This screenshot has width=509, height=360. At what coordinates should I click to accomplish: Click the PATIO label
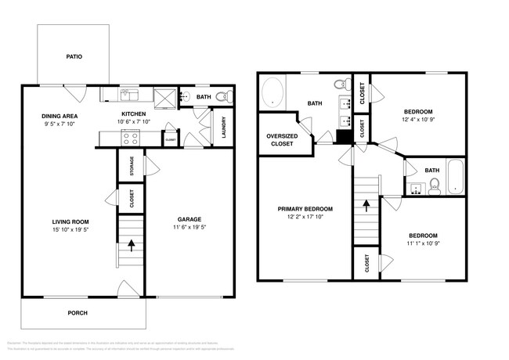[x=74, y=56]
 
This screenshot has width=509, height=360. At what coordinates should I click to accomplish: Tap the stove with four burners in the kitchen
[x=131, y=139]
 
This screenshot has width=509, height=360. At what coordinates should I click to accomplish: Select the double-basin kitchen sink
[x=130, y=95]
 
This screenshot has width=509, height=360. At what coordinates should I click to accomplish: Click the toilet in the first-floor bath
[x=222, y=97]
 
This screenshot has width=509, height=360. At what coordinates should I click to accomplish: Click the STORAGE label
[x=132, y=166]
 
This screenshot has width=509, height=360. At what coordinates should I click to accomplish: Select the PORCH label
[x=78, y=313]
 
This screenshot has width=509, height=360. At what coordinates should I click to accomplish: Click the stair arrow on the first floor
[x=132, y=244]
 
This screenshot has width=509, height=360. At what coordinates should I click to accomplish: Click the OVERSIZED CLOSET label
[x=280, y=140]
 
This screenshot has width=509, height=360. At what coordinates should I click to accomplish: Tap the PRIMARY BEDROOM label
[x=305, y=209]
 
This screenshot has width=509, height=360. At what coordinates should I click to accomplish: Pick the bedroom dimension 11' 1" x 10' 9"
[x=422, y=244]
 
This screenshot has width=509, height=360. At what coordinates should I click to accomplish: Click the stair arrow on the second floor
[x=366, y=205]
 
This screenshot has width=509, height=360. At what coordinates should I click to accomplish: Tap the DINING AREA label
[x=60, y=117]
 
